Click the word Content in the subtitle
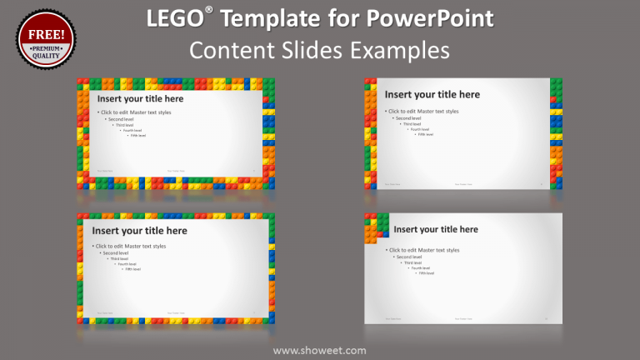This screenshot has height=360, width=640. [227, 50]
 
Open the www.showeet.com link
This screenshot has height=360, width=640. [319, 350]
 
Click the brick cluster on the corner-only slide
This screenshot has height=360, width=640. [376, 226]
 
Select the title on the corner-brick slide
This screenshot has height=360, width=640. [436, 229]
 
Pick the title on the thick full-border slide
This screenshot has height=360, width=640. [140, 98]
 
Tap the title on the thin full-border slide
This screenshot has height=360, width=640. [139, 231]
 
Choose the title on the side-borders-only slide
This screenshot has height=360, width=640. [432, 95]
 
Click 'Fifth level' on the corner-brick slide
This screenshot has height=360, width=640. [426, 273]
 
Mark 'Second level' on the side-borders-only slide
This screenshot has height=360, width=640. [408, 118]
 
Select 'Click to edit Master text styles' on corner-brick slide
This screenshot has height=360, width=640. [424, 250]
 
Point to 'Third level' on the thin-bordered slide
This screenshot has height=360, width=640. [120, 258]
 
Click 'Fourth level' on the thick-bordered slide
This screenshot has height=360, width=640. [132, 130]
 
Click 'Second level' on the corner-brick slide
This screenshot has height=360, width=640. [409, 257]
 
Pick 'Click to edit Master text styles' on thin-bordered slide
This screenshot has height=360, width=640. [131, 246]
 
